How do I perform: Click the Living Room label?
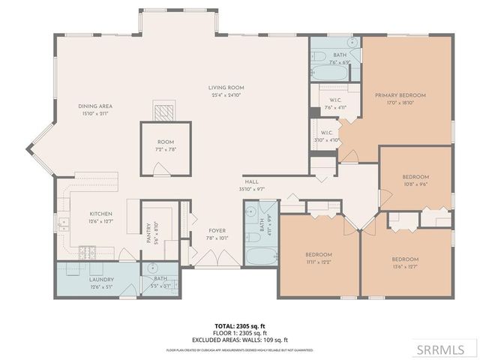[226, 88]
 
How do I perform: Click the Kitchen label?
[100, 214]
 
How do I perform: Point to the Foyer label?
[217, 231]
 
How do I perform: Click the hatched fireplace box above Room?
[163, 111]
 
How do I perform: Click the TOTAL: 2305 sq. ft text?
[239, 325]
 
